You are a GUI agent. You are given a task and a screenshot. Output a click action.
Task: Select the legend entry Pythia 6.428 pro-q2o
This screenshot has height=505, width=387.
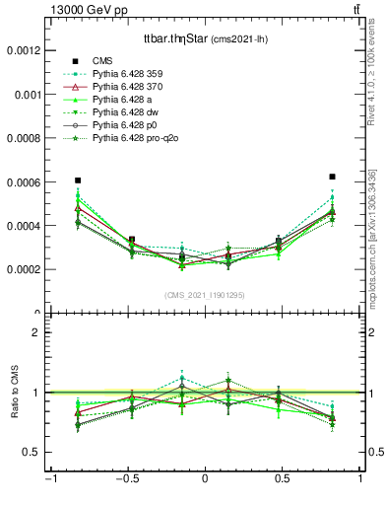tap(138, 140)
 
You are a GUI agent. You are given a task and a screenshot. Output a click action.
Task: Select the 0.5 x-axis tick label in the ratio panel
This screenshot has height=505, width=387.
tap(283, 478)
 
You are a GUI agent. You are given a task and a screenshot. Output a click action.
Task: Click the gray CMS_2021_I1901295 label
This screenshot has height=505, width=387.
tap(204, 295)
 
